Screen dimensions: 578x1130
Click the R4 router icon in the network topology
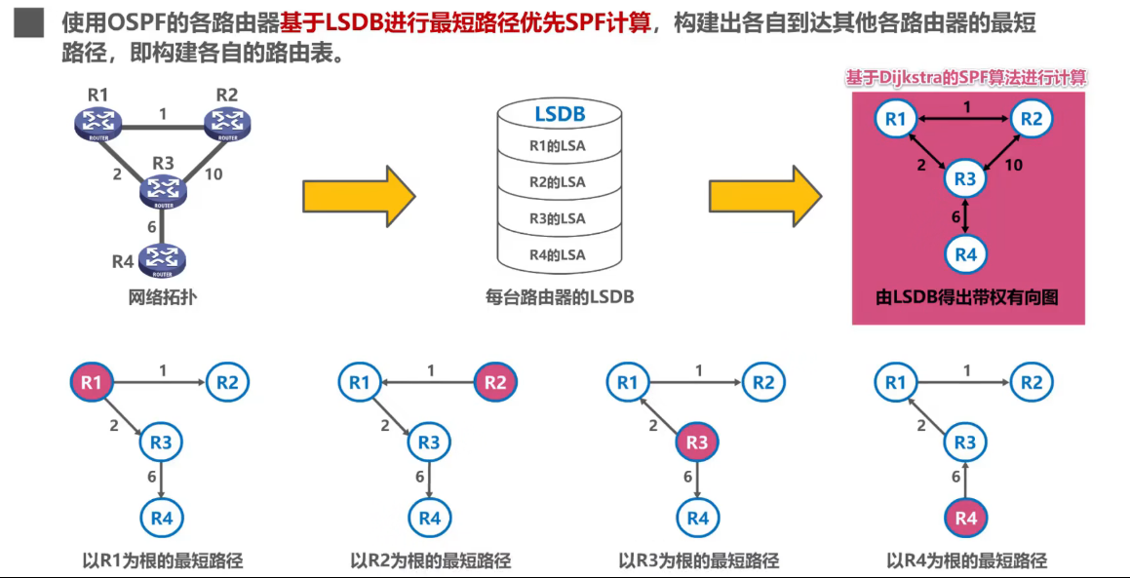click(161, 260)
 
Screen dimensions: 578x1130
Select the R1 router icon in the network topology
click(97, 122)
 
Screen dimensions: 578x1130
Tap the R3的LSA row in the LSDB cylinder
click(558, 218)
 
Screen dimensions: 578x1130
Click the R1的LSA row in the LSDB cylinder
click(558, 147)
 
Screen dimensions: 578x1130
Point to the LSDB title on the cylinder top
click(559, 114)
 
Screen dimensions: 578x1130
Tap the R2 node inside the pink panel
click(1032, 119)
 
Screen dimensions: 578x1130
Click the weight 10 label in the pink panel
click(1014, 165)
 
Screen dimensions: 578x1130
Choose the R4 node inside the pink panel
click(965, 254)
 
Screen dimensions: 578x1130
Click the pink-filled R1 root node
click(91, 383)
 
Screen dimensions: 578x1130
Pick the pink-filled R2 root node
click(495, 383)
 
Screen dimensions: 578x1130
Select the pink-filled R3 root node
click(697, 443)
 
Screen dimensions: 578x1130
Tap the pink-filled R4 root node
click(965, 518)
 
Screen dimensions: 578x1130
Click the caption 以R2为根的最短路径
click(430, 560)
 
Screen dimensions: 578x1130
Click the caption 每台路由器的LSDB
click(559, 296)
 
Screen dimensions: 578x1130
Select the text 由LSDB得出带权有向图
click(966, 297)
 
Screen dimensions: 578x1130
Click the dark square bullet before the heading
click(28, 22)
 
